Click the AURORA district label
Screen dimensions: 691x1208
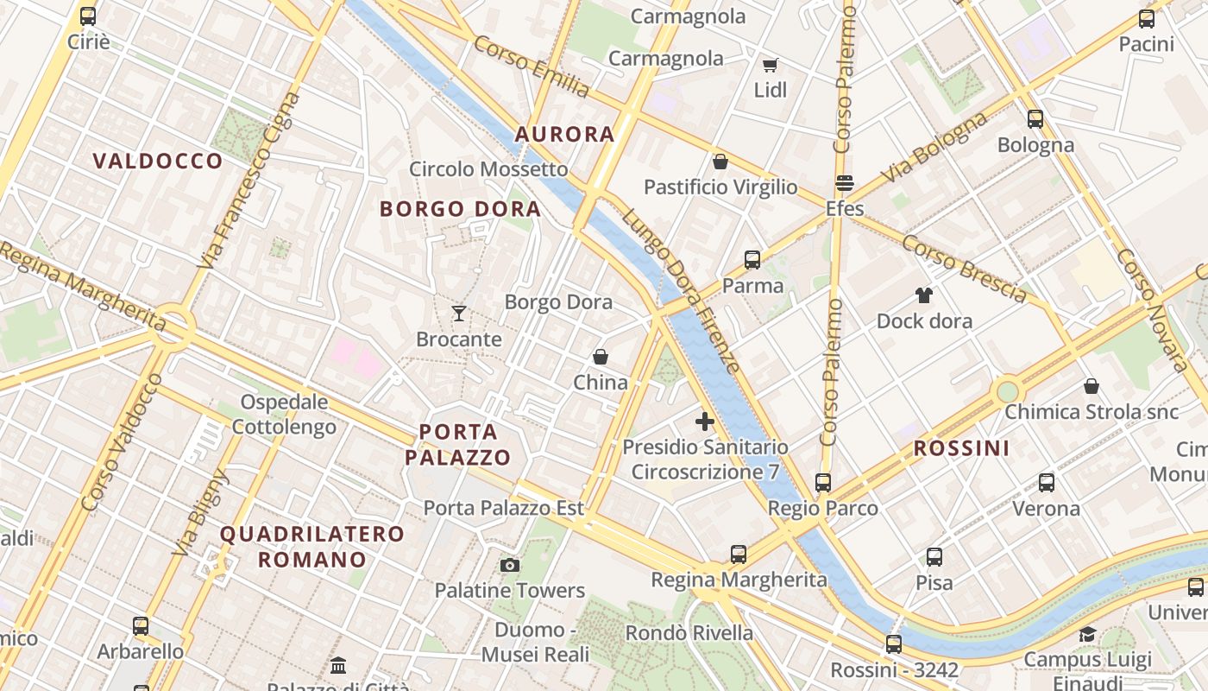click(564, 134)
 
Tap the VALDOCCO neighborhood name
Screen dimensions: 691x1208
click(158, 161)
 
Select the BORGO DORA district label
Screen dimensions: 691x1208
click(460, 209)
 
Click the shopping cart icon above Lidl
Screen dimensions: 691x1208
click(770, 66)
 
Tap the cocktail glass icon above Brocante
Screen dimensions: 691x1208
click(459, 314)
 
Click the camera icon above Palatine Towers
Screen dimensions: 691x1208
click(510, 565)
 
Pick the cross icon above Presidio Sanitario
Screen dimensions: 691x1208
click(705, 422)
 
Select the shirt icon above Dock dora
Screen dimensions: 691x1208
click(924, 295)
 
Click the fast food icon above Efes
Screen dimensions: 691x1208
click(844, 183)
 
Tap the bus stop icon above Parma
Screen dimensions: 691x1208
click(752, 259)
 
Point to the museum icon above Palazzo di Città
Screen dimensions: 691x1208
click(338, 665)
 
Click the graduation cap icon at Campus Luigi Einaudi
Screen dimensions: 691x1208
click(1087, 635)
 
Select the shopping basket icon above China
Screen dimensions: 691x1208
click(601, 357)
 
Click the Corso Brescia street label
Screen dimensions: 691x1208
click(964, 269)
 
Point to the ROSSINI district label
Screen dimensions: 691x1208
click(961, 448)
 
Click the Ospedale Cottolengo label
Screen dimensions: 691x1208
click(284, 414)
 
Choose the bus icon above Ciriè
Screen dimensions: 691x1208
click(88, 16)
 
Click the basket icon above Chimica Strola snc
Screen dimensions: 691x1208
click(1091, 386)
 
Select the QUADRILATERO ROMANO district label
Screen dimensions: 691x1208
click(311, 546)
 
